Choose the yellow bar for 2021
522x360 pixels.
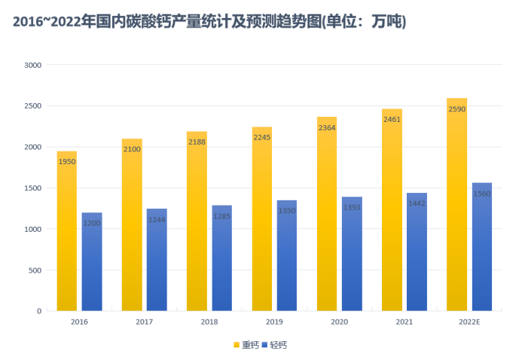[x=392, y=218]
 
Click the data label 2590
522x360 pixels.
[x=457, y=109]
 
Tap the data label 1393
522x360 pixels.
[x=352, y=207]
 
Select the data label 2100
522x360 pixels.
[x=132, y=149]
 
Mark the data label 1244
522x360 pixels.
[x=157, y=219]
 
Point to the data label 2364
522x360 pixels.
[x=327, y=128]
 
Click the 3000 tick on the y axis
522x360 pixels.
[x=32, y=65]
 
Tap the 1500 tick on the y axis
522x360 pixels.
[x=32, y=188]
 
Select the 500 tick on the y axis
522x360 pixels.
[x=35, y=270]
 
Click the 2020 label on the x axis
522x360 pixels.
[x=339, y=322]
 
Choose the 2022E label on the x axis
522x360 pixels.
[x=469, y=322]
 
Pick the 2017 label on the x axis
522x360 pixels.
[x=144, y=322]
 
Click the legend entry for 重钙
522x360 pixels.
[x=246, y=345]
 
